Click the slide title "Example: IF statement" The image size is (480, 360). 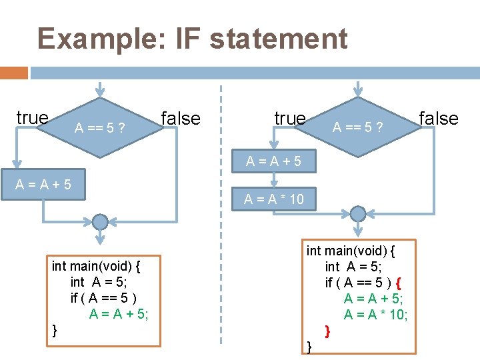pyautogui.click(x=192, y=39)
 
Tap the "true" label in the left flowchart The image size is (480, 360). pyautogui.click(x=32, y=118)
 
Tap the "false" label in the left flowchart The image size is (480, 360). pyautogui.click(x=180, y=119)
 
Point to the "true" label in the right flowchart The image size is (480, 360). pyautogui.click(x=289, y=119)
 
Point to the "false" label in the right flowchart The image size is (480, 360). pyautogui.click(x=438, y=119)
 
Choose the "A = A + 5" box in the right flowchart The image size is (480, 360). pyautogui.click(x=273, y=161)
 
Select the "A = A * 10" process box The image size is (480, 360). pyautogui.click(x=273, y=198)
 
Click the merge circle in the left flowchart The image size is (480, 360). pyautogui.click(x=100, y=221)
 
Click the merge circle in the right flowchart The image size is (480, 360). pyautogui.click(x=358, y=213)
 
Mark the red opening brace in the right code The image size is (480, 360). pyautogui.click(x=398, y=283)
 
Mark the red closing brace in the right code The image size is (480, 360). pyautogui.click(x=327, y=330)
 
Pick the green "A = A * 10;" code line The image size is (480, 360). pyautogui.click(x=375, y=315)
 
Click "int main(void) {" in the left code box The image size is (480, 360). pyautogui.click(x=96, y=266)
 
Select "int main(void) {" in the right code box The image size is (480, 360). pyautogui.click(x=351, y=251)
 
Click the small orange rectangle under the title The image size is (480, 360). pyautogui.click(x=14, y=73)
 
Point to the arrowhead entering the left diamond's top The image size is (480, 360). pyautogui.click(x=100, y=91)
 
